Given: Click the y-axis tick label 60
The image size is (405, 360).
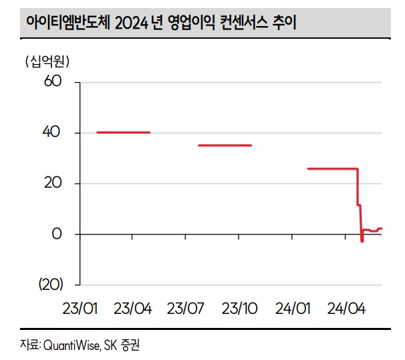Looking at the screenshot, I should [53, 82].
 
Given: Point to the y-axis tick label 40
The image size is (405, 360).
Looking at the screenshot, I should [53, 133].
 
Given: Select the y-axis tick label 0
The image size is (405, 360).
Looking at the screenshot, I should [57, 234].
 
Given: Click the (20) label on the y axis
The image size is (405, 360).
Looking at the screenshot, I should [49, 285].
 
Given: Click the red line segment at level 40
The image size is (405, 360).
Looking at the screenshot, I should [124, 132].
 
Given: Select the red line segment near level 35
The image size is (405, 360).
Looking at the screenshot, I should [225, 145].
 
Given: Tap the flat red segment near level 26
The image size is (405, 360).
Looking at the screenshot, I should [332, 168].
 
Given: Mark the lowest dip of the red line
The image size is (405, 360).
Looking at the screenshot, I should [362, 240].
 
